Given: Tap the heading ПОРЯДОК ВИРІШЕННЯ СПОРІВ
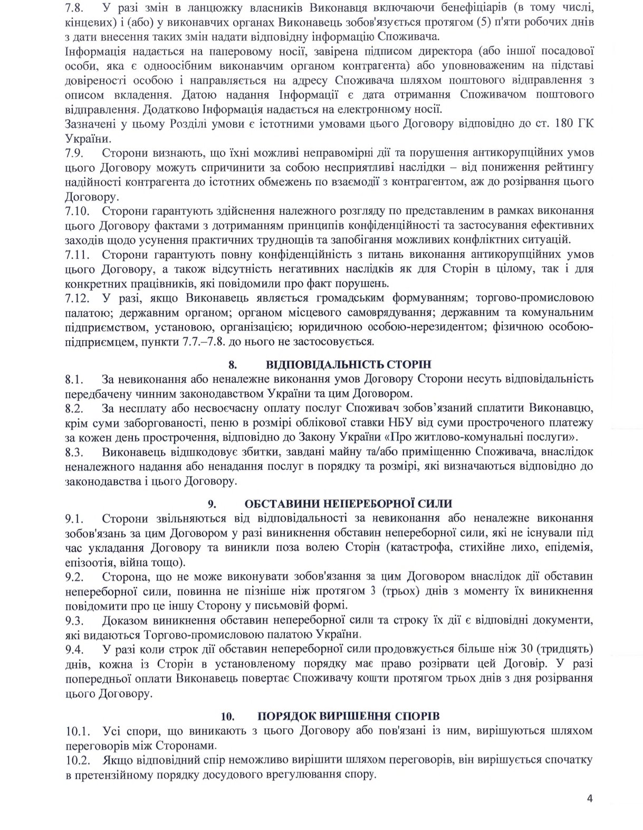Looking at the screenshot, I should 349,716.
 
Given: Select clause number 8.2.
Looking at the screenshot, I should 75,408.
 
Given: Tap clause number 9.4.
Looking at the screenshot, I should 75,649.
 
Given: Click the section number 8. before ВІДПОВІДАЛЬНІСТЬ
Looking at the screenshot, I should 233,365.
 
